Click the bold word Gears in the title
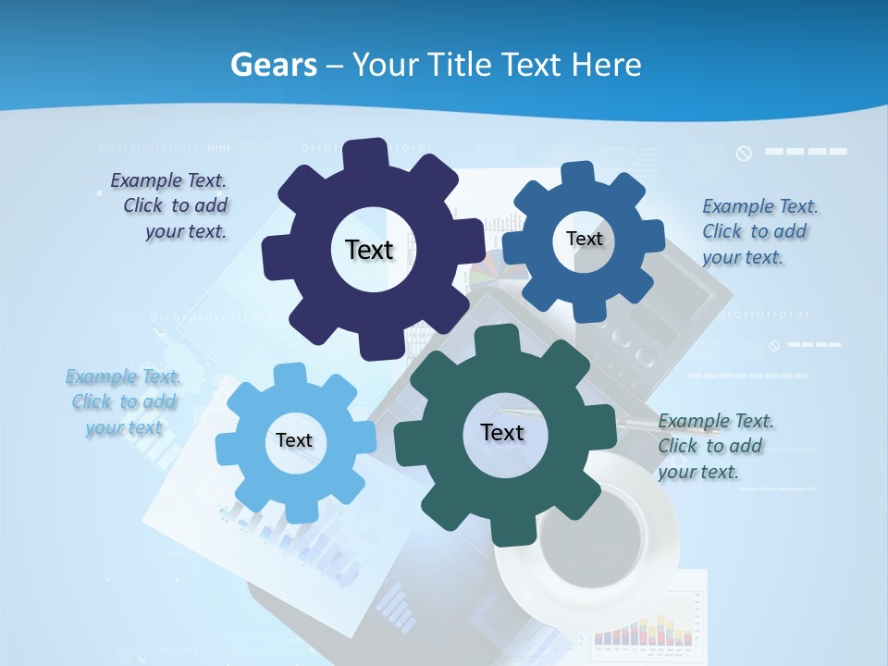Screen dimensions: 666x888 coord(273,65)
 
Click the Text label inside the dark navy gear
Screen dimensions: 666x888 coord(369,250)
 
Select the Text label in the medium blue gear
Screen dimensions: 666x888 coord(584,239)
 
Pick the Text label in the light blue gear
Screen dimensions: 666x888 coord(294,440)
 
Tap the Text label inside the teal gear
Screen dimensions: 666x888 coord(502,432)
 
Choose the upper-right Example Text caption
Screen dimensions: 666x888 coord(758,231)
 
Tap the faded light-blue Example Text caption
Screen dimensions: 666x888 coord(123,402)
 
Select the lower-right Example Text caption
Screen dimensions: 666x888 coord(714,446)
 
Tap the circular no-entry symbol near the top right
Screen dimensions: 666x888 coord(744,153)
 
